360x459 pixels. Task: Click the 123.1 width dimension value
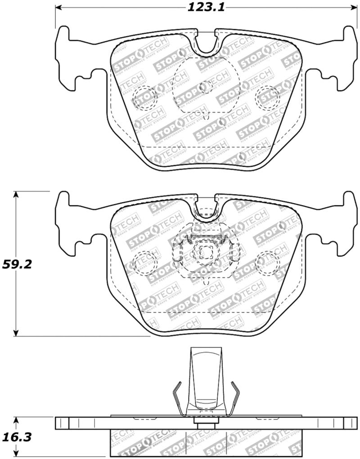(206, 7)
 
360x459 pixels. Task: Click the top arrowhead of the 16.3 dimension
(16, 419)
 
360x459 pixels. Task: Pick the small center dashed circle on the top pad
(206, 86)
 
